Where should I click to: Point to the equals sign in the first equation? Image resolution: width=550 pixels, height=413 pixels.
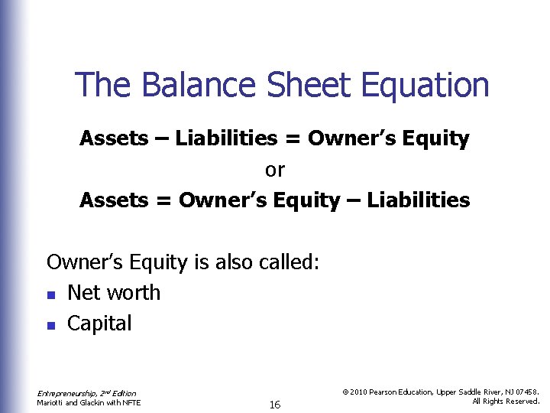pos(293,140)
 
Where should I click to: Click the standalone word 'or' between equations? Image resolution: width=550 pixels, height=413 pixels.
pos(274,170)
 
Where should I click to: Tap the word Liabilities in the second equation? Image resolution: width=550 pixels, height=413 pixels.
pos(419,200)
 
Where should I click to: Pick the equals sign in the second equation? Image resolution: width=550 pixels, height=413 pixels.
pos(164,201)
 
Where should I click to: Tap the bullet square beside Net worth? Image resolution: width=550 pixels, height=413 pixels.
pos(50,294)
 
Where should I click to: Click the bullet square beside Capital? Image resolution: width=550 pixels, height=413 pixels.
pos(50,325)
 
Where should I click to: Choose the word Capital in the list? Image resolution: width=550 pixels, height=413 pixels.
pos(99,324)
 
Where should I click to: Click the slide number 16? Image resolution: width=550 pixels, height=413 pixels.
pos(275,405)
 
